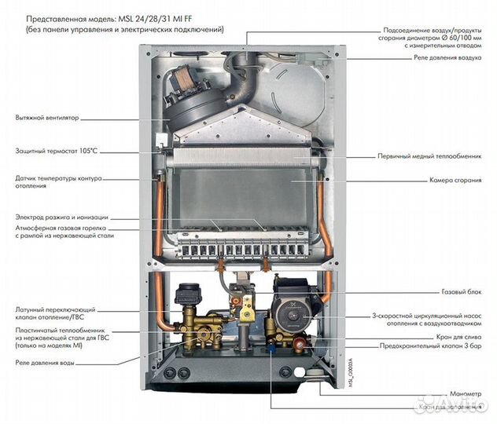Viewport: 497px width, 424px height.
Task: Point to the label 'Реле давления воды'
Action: tap(46, 363)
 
